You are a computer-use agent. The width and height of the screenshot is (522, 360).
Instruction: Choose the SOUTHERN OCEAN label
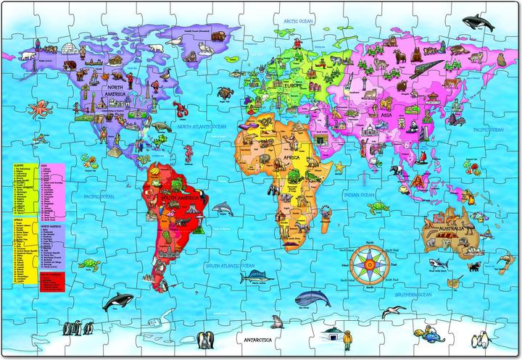pos(413,296)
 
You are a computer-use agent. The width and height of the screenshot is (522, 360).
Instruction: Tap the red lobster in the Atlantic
pos(182,111)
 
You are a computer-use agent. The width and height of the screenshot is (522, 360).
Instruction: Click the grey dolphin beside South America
pos(225,209)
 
